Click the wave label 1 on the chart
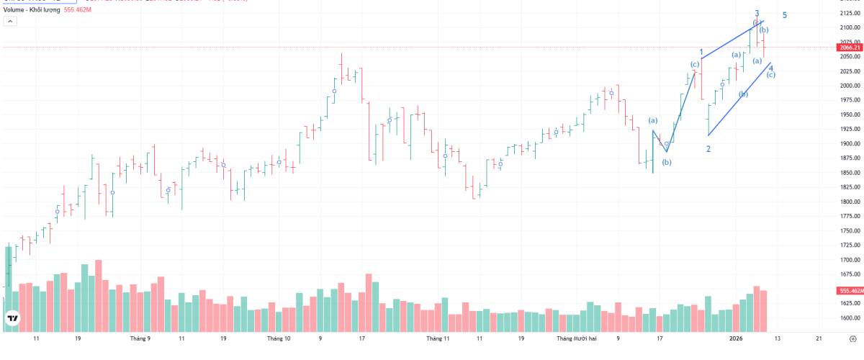point(701,52)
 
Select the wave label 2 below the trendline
point(708,149)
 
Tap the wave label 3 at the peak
point(757,13)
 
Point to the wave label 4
point(771,68)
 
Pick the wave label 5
point(784,15)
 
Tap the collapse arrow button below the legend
point(10,22)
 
